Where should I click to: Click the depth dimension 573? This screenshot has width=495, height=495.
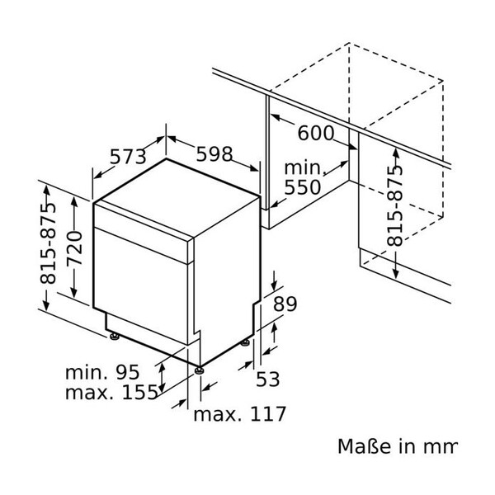coord(129,157)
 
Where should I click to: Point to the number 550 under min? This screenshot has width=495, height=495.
coord(302,188)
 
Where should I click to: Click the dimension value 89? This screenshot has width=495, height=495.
coord(284,304)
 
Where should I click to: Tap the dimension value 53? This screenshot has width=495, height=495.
coord(268,379)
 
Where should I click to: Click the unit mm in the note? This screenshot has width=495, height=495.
coord(441,447)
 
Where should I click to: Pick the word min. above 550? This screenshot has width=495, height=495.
coord(302,168)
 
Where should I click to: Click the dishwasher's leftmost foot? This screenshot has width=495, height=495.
coord(113,336)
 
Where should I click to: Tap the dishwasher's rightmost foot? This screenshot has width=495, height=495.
coord(245,341)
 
